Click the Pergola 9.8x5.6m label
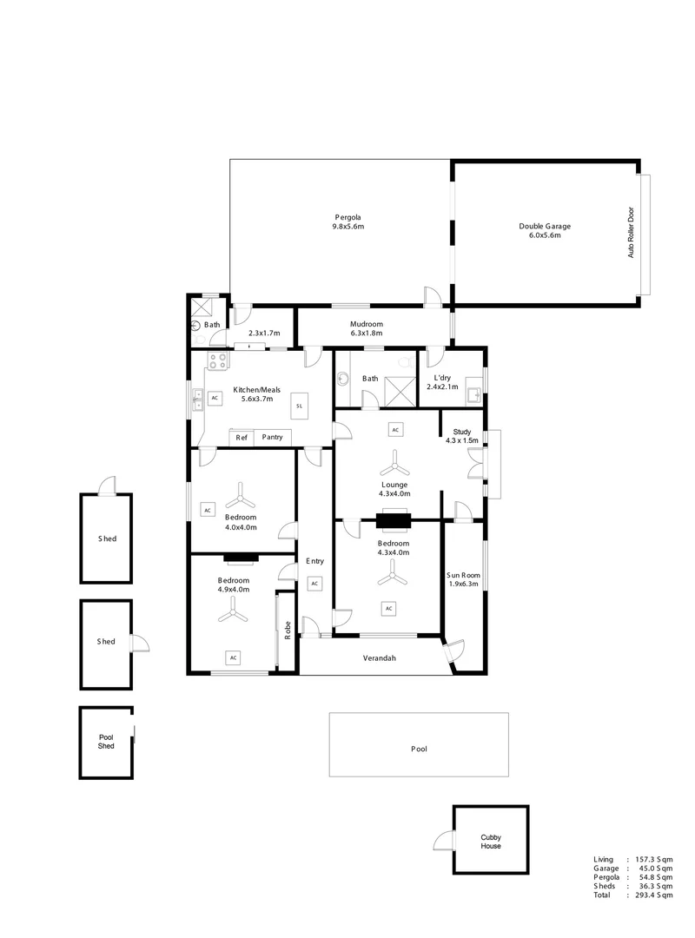(x=347, y=221)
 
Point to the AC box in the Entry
(x=314, y=584)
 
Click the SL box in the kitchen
(x=298, y=405)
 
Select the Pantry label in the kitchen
(x=272, y=438)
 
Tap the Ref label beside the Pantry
(x=242, y=438)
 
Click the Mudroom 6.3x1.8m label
(x=367, y=328)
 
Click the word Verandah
(x=379, y=658)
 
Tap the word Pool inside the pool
(x=419, y=748)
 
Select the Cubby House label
(x=491, y=842)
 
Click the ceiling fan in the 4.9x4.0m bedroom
(x=232, y=614)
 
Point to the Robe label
(x=288, y=631)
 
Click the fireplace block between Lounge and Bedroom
(x=395, y=521)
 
